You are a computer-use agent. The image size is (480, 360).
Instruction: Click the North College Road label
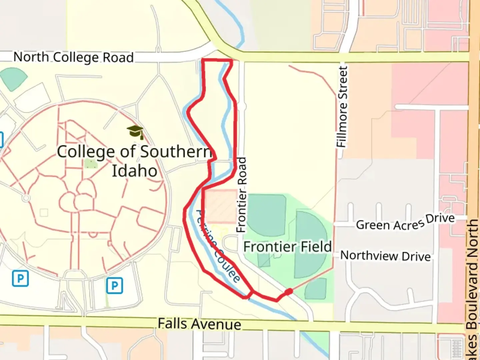point(73,57)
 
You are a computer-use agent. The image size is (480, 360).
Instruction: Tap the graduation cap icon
point(135,132)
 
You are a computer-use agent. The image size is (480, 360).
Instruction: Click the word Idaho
point(134,171)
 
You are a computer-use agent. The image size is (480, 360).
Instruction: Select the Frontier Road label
point(241,195)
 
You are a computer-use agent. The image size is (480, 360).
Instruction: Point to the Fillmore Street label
point(342,107)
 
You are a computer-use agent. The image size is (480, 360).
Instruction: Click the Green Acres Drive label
point(405,223)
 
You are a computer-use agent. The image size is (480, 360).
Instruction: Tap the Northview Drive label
point(385,256)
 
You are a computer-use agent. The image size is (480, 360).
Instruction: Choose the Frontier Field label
point(287,247)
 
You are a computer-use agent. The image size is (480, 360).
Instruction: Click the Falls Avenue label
point(199,324)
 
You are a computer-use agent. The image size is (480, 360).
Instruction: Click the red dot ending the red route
point(289,292)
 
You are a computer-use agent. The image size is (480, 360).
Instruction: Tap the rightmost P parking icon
point(115,286)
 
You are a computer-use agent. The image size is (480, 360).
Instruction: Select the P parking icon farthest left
point(20,278)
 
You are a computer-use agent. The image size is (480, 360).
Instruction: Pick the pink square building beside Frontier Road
point(220,206)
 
